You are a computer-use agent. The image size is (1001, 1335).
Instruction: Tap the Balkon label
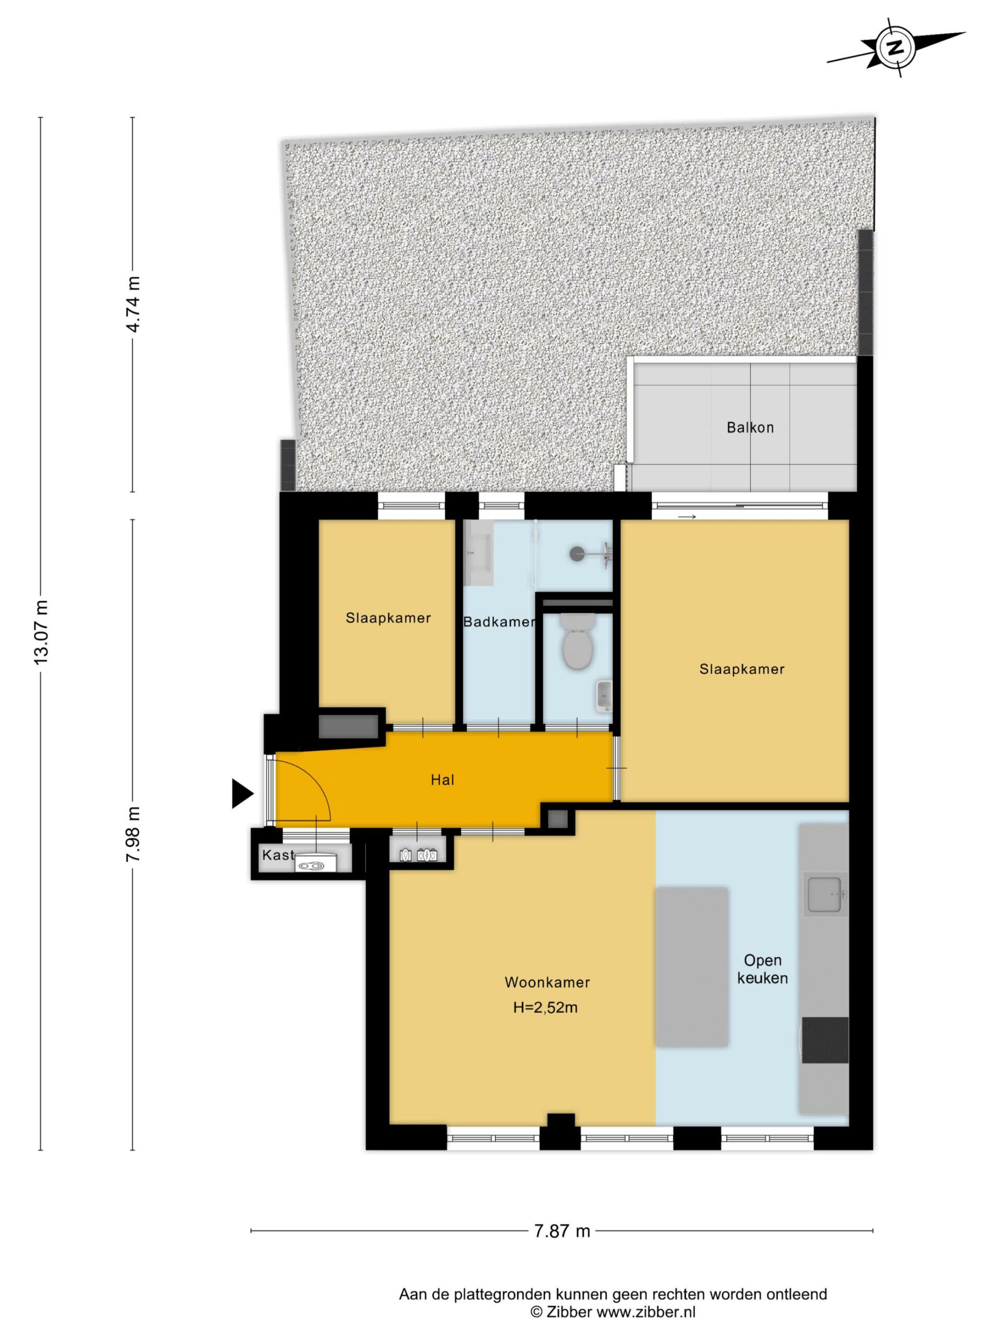750,427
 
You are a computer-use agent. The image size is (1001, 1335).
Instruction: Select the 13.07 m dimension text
42,632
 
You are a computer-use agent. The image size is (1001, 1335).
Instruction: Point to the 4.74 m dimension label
133,304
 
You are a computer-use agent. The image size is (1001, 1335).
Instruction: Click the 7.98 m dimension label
133,835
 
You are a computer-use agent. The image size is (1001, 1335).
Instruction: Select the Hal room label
442,780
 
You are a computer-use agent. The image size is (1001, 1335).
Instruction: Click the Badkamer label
499,622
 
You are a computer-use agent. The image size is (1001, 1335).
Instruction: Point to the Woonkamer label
547,982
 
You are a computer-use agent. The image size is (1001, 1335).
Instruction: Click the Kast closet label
277,855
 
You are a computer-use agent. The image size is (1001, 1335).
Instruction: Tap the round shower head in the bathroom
578,551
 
